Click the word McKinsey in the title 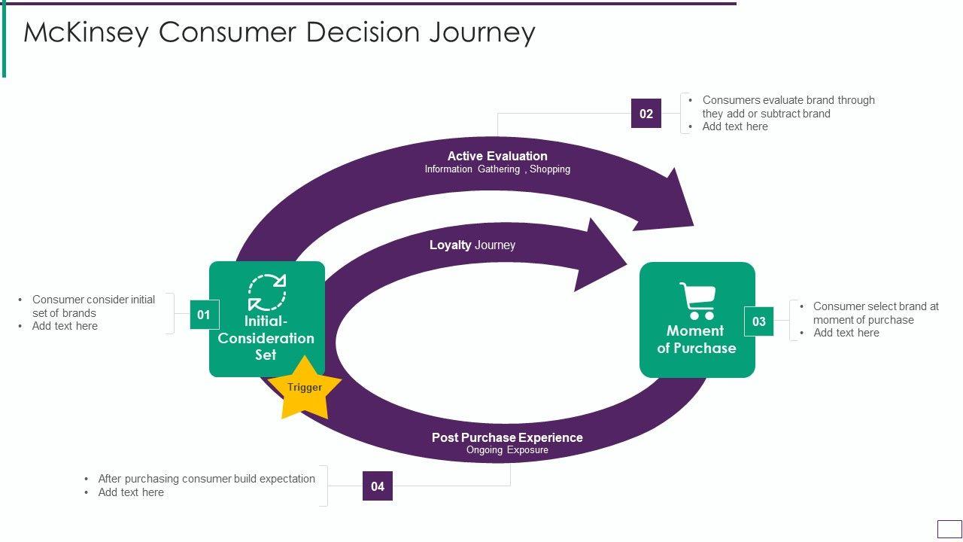86,32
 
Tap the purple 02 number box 646,113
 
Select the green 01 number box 204,315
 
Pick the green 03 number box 759,321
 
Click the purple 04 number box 378,486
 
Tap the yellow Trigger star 305,388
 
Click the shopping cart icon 697,300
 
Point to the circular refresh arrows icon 267,292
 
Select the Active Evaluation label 497,156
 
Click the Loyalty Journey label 472,245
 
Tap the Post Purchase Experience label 507,437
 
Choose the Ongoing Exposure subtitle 507,450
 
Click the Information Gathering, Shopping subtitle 497,169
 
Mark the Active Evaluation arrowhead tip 694,225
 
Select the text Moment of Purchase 697,340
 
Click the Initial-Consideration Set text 266,338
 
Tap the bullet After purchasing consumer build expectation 206,479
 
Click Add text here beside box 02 735,126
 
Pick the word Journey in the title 482,32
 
